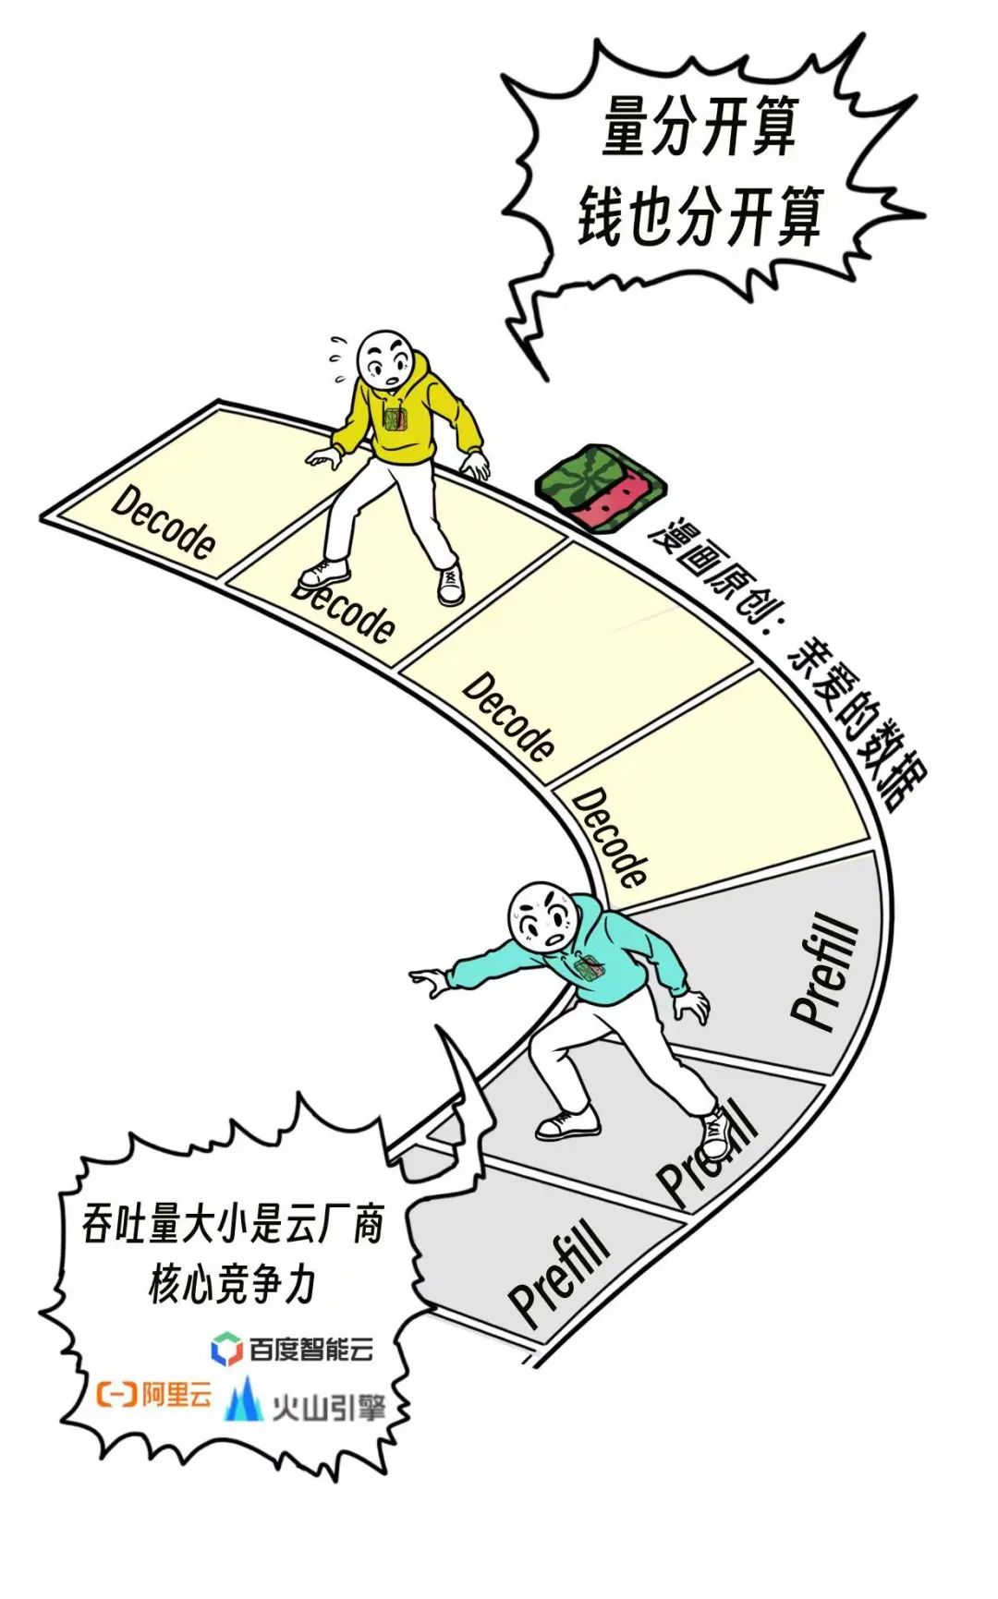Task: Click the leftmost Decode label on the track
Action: (164, 523)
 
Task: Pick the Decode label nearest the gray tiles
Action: (609, 836)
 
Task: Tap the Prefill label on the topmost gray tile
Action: (825, 975)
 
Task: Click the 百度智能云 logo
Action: (293, 1350)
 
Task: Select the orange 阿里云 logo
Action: (154, 1394)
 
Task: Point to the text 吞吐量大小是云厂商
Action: (232, 1225)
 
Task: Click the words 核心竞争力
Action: (232, 1284)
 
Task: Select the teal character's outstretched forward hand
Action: (427, 981)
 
